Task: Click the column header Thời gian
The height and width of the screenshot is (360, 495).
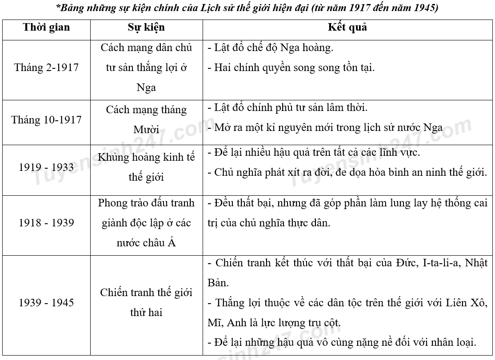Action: click(46, 27)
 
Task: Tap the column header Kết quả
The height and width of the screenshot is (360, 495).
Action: click(347, 27)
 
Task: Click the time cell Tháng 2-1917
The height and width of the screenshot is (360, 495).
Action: click(46, 67)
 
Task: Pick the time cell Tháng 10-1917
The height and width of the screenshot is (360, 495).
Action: click(46, 120)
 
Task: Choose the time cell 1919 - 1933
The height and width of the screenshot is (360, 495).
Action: click(46, 167)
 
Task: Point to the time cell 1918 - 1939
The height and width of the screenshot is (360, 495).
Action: click(46, 223)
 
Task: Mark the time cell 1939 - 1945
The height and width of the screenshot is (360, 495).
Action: click(46, 303)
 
